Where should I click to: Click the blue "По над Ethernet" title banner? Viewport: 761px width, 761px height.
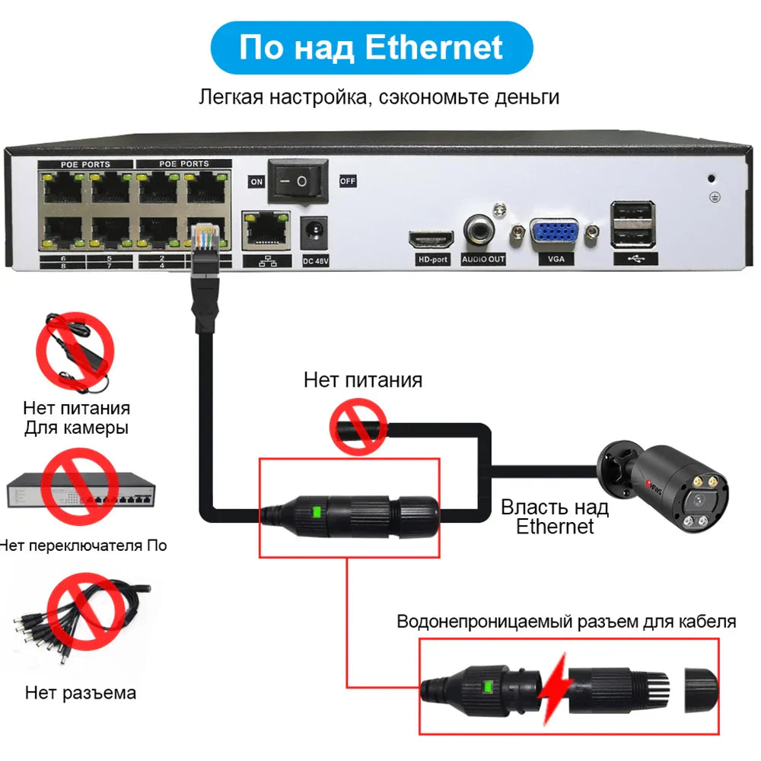[371, 47]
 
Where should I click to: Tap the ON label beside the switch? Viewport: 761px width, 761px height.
[256, 182]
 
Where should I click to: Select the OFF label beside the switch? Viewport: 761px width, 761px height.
[347, 181]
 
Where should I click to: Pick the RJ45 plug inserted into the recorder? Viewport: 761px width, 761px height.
[205, 242]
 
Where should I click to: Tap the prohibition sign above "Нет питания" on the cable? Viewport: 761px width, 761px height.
[358, 428]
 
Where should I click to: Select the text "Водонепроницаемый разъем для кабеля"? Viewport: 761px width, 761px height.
[566, 621]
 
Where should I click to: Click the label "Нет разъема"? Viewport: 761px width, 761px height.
[81, 693]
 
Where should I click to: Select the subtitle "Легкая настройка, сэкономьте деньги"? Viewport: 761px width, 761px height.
[379, 97]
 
